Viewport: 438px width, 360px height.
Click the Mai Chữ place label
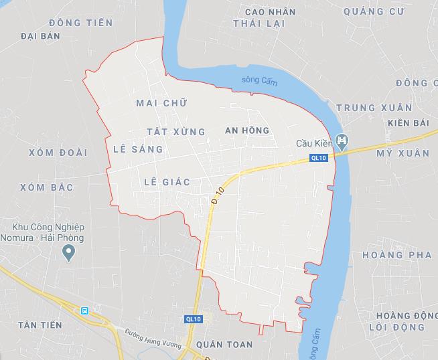161,103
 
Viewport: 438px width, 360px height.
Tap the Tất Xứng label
175,131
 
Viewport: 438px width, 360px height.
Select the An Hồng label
247,130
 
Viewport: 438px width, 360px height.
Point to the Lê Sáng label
139,149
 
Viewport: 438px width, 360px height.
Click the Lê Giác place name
167,181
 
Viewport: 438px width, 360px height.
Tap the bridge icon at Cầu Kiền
344,142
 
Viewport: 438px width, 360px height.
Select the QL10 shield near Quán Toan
194,320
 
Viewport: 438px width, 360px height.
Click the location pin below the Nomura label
68,252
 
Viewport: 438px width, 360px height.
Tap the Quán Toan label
220,345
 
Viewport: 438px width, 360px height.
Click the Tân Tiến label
41,325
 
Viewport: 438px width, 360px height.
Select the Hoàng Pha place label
392,255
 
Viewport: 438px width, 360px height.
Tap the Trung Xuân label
366,108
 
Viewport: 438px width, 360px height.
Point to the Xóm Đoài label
58,153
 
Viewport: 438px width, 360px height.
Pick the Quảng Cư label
372,11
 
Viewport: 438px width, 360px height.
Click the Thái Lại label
259,23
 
